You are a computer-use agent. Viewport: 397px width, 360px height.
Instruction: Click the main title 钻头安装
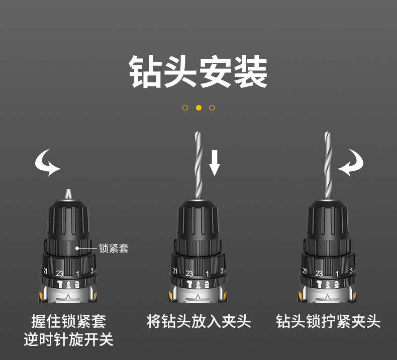198,72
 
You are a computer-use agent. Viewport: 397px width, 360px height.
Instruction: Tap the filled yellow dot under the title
199,108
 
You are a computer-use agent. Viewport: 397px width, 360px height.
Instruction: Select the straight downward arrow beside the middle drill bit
215,163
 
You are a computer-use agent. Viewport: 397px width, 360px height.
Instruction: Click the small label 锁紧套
114,248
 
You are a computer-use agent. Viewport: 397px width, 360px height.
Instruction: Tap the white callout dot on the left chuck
77,248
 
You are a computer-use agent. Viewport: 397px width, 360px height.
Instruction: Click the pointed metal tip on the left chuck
68,194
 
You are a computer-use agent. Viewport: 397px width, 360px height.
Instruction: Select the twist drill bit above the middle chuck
198,165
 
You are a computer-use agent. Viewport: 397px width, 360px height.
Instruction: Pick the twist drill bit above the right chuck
328,165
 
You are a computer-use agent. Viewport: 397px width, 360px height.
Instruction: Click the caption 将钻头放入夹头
198,321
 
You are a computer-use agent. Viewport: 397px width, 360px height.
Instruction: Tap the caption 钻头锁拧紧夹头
328,321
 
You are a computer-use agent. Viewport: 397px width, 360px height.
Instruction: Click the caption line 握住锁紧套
69,321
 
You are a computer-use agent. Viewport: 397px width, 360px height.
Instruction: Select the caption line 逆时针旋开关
69,339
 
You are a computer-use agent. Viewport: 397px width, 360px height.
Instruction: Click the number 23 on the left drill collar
60,274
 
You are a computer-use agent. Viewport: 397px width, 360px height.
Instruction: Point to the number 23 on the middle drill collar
189,274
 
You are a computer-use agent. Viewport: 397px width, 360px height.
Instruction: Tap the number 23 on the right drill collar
319,274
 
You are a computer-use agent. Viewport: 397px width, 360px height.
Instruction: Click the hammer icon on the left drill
60,284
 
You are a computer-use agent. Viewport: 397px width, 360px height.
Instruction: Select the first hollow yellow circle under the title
185,108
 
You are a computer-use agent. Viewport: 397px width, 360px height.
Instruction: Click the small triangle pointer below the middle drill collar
197,297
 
